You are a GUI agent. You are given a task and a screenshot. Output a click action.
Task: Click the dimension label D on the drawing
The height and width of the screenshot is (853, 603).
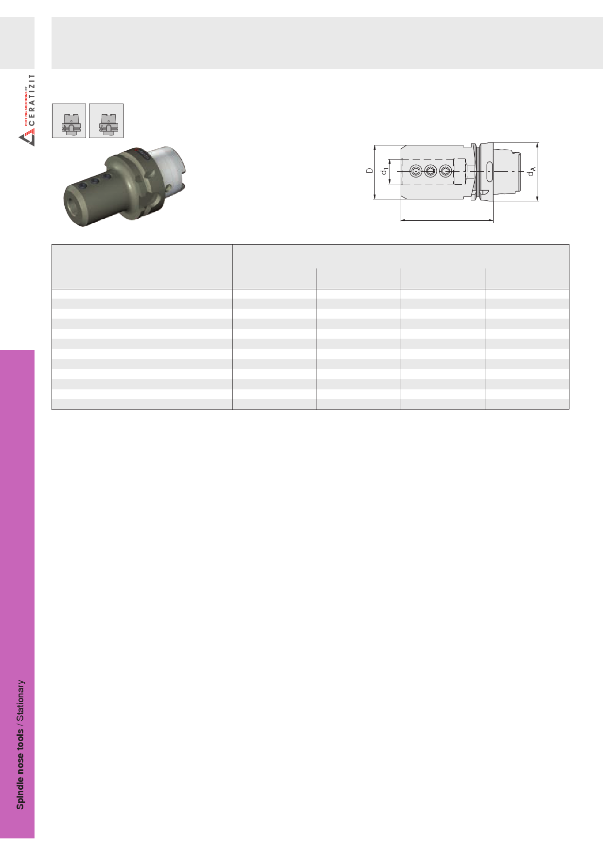tap(370, 171)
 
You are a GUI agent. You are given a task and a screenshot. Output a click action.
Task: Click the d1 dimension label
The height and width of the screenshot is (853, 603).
tap(385, 171)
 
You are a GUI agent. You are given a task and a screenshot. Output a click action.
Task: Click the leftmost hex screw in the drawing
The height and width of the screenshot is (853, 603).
tap(416, 171)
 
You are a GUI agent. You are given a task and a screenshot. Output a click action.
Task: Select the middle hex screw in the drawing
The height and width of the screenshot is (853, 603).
tap(431, 171)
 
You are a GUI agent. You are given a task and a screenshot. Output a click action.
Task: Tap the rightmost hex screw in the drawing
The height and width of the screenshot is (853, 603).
tap(445, 171)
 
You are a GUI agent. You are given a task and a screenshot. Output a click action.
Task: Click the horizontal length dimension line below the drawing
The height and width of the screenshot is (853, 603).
tap(447, 220)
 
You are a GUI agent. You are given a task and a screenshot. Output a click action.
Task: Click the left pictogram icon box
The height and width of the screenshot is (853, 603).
tap(69, 121)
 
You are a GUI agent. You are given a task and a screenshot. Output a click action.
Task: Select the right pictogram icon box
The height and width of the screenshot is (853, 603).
tap(106, 121)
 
